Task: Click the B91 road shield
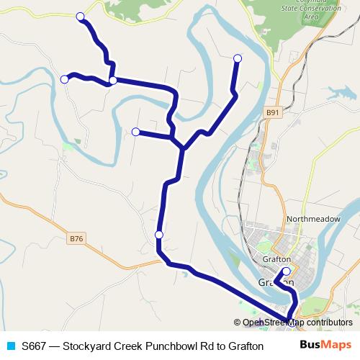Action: pyautogui.click(x=271, y=112)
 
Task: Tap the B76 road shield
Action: pyautogui.click(x=78, y=238)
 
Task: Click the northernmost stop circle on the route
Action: pyautogui.click(x=80, y=16)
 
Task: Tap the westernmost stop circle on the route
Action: pyautogui.click(x=64, y=78)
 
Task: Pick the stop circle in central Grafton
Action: pyautogui.click(x=287, y=271)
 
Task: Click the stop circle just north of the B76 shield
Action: pyautogui.click(x=159, y=235)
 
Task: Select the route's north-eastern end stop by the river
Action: pyautogui.click(x=238, y=58)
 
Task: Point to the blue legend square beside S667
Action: pyautogui.click(x=10, y=346)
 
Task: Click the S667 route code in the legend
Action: pyautogui.click(x=36, y=346)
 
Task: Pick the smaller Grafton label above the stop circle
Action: pyautogui.click(x=276, y=259)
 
